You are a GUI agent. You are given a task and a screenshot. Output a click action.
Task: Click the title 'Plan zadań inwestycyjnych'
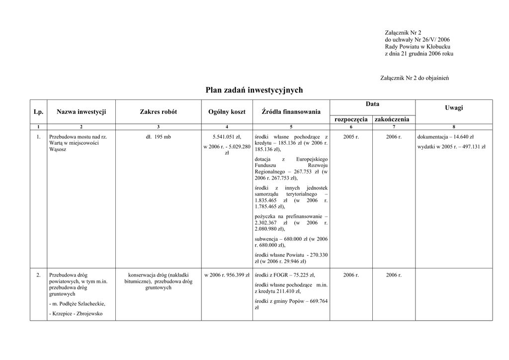pyautogui.click(x=254, y=90)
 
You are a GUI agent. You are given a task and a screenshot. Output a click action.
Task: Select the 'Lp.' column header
pyautogui.click(x=38, y=112)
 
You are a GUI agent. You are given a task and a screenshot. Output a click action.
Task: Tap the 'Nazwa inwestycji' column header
pyautogui.click(x=81, y=112)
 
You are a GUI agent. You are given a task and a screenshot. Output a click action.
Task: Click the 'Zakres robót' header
pyautogui.click(x=158, y=112)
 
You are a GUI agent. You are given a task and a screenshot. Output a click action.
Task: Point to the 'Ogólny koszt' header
pyautogui.click(x=227, y=112)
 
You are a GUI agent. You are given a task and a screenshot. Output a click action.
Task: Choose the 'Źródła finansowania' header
pyautogui.click(x=291, y=112)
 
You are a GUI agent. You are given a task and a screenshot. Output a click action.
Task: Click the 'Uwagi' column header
pyautogui.click(x=454, y=107)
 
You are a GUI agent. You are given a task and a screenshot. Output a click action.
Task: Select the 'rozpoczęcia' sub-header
pyautogui.click(x=351, y=119)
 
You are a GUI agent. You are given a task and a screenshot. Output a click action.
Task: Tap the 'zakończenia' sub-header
pyautogui.click(x=392, y=119)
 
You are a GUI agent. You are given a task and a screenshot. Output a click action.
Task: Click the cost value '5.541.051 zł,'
pyautogui.click(x=227, y=137)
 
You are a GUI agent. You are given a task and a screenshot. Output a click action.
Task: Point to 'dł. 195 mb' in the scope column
pyautogui.click(x=158, y=137)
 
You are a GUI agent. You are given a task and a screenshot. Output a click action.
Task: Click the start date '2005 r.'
pyautogui.click(x=351, y=137)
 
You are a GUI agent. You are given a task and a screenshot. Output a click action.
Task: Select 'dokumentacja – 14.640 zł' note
pyautogui.click(x=445, y=137)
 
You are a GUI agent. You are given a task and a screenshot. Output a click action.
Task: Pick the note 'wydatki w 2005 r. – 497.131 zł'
pyautogui.click(x=451, y=147)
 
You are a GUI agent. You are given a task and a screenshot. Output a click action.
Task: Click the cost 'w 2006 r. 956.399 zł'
pyautogui.click(x=227, y=275)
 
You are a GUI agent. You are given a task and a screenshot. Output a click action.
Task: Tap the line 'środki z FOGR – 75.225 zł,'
pyautogui.click(x=284, y=275)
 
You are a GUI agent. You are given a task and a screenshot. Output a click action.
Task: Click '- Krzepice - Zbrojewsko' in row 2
pyautogui.click(x=76, y=314)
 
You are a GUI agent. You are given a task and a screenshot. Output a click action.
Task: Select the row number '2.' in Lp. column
pyautogui.click(x=38, y=275)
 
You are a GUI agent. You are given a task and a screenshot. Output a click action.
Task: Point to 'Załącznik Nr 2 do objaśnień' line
pyautogui.click(x=414, y=78)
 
